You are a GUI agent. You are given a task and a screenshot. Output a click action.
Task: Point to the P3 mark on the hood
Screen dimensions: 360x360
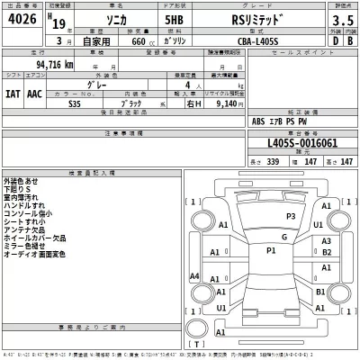coord(290,217)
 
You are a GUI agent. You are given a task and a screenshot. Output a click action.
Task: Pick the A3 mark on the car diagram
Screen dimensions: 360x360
coord(327,241)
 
